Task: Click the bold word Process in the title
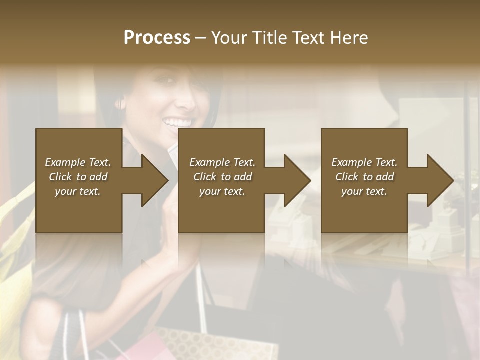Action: click(x=157, y=37)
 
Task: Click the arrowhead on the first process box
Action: click(x=154, y=180)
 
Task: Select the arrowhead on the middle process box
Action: click(x=297, y=180)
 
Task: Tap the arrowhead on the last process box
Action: click(x=439, y=180)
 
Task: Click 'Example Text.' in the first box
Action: click(x=78, y=162)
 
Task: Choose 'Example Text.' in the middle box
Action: click(x=222, y=162)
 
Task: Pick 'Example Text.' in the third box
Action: click(x=364, y=162)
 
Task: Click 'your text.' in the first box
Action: click(x=78, y=191)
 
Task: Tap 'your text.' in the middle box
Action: click(x=222, y=191)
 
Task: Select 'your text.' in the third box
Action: click(x=364, y=191)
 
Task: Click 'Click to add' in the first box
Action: click(x=78, y=177)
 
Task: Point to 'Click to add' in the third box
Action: click(x=364, y=177)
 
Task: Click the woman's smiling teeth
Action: click(x=179, y=122)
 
